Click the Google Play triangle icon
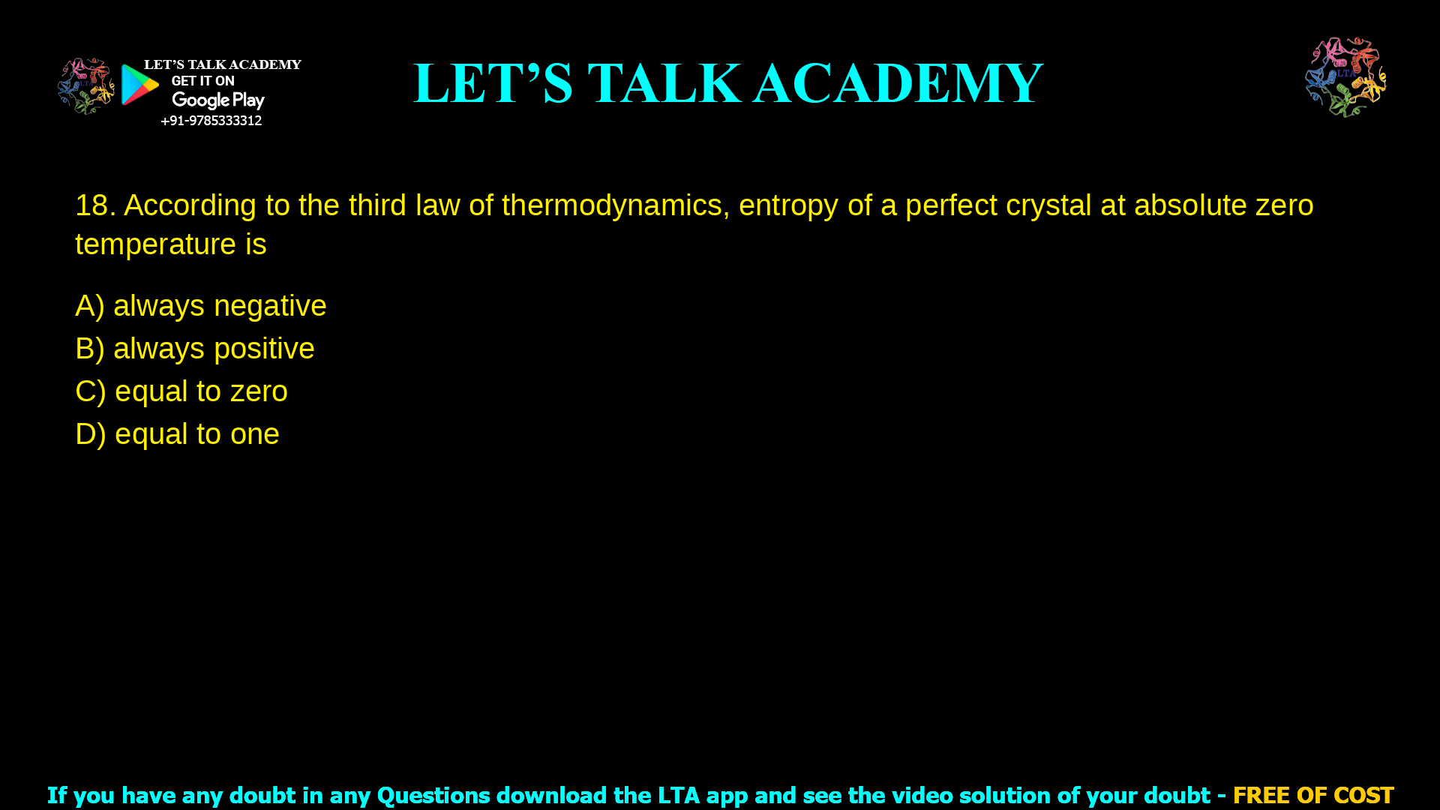[x=139, y=85]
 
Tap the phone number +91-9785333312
[x=211, y=121]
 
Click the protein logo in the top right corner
[x=1345, y=76]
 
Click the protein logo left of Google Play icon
[x=85, y=86]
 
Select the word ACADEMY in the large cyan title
[x=898, y=83]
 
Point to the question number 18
[x=95, y=205]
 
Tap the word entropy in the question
[x=788, y=205]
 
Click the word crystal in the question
[x=1048, y=205]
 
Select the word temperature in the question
[x=155, y=244]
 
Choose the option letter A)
[x=89, y=306]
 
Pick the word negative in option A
[x=270, y=306]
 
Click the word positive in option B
[x=264, y=349]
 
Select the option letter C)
[x=90, y=391]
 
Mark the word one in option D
[x=255, y=434]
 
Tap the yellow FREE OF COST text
[x=1312, y=795]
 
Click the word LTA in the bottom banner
[x=678, y=795]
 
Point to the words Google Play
[x=218, y=100]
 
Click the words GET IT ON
[x=202, y=81]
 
